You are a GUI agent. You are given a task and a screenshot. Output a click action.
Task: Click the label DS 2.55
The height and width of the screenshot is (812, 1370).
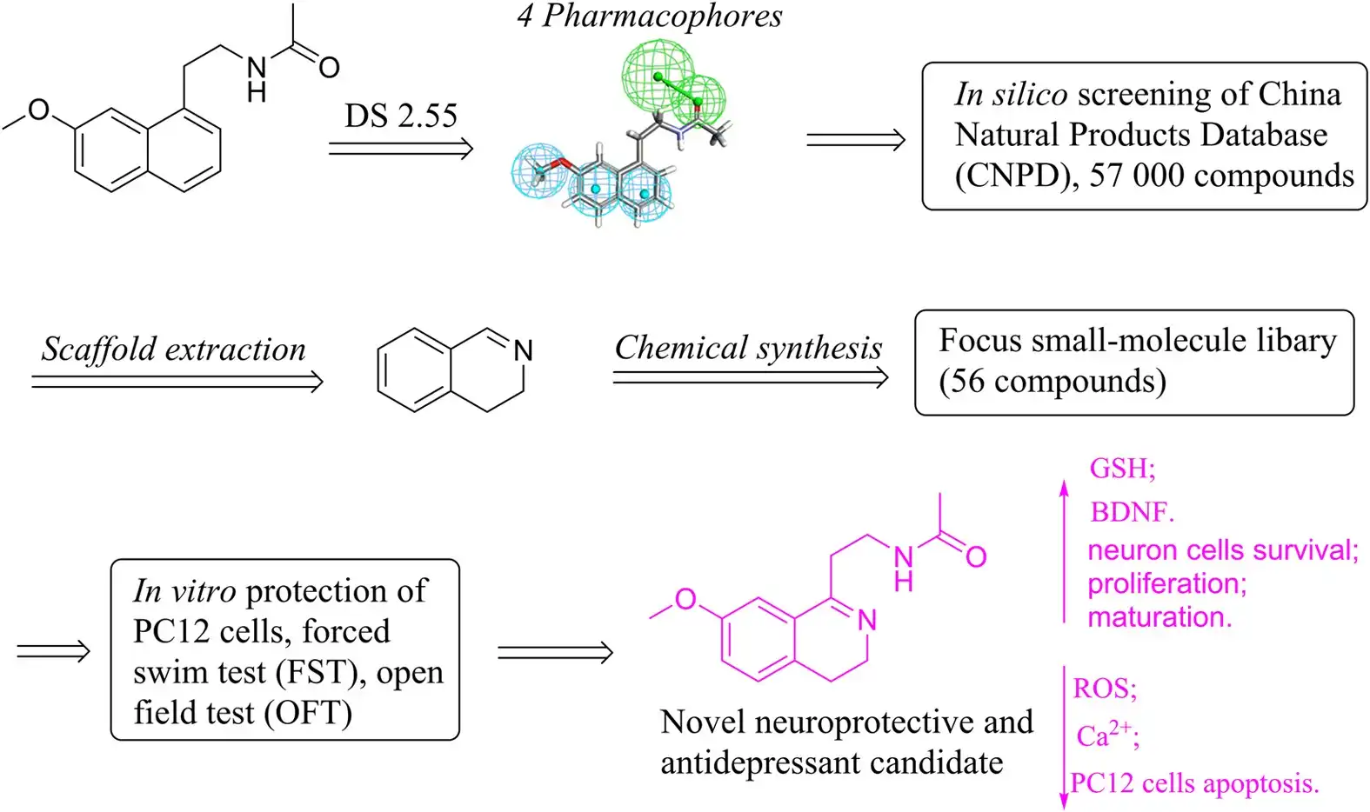(400, 116)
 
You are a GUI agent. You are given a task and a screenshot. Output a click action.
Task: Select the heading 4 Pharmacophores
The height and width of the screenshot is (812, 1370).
(649, 16)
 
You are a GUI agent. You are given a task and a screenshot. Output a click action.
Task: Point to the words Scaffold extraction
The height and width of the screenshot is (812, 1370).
(174, 349)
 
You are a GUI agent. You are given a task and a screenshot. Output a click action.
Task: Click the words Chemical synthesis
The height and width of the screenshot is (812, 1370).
(748, 347)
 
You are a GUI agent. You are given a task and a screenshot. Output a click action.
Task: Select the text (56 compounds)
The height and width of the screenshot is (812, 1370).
(1053, 381)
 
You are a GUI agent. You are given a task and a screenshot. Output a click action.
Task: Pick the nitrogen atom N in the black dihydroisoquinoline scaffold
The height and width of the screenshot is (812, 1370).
(523, 351)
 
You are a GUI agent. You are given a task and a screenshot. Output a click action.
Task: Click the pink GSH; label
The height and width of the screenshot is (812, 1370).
(1122, 469)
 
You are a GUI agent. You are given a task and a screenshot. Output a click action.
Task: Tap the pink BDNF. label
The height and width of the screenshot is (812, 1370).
(1132, 512)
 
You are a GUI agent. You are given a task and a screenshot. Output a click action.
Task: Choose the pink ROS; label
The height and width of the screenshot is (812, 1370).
(1105, 689)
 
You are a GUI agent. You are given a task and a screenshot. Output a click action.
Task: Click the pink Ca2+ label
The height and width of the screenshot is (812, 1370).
(1106, 735)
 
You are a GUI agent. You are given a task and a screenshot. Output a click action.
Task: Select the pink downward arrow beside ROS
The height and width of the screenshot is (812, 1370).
(1064, 739)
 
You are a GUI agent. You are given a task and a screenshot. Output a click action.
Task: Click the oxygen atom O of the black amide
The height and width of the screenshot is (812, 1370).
(329, 68)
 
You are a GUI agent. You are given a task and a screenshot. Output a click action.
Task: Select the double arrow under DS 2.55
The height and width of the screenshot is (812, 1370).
(400, 149)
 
